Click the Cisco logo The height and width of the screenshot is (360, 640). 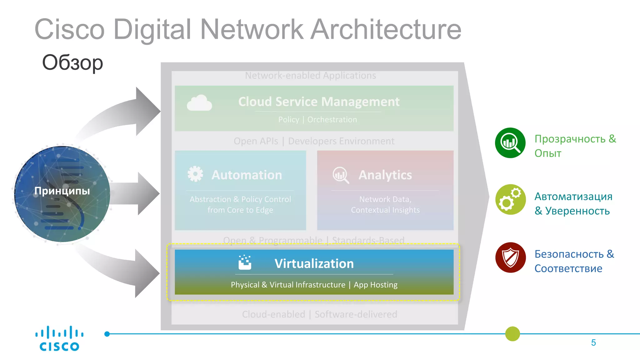click(x=59, y=339)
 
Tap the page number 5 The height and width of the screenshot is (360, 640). click(x=593, y=343)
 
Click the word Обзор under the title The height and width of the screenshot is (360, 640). click(x=72, y=62)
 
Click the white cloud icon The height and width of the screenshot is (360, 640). click(x=199, y=103)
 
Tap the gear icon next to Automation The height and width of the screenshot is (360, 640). click(x=195, y=174)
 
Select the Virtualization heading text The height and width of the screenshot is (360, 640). click(x=314, y=263)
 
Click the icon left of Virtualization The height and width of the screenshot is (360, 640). click(x=245, y=262)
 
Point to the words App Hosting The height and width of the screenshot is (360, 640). click(x=376, y=285)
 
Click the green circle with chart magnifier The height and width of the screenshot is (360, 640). click(x=510, y=143)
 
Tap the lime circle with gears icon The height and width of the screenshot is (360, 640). click(x=510, y=199)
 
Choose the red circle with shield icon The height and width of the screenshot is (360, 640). click(x=510, y=257)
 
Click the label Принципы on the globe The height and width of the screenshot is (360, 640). click(x=62, y=191)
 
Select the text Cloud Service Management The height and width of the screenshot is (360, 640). click(x=319, y=102)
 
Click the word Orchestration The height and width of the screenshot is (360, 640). click(x=332, y=120)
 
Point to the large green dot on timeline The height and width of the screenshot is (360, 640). click(x=512, y=334)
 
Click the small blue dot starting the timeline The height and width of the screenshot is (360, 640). click(x=107, y=334)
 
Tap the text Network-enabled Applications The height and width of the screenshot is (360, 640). click(x=310, y=76)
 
